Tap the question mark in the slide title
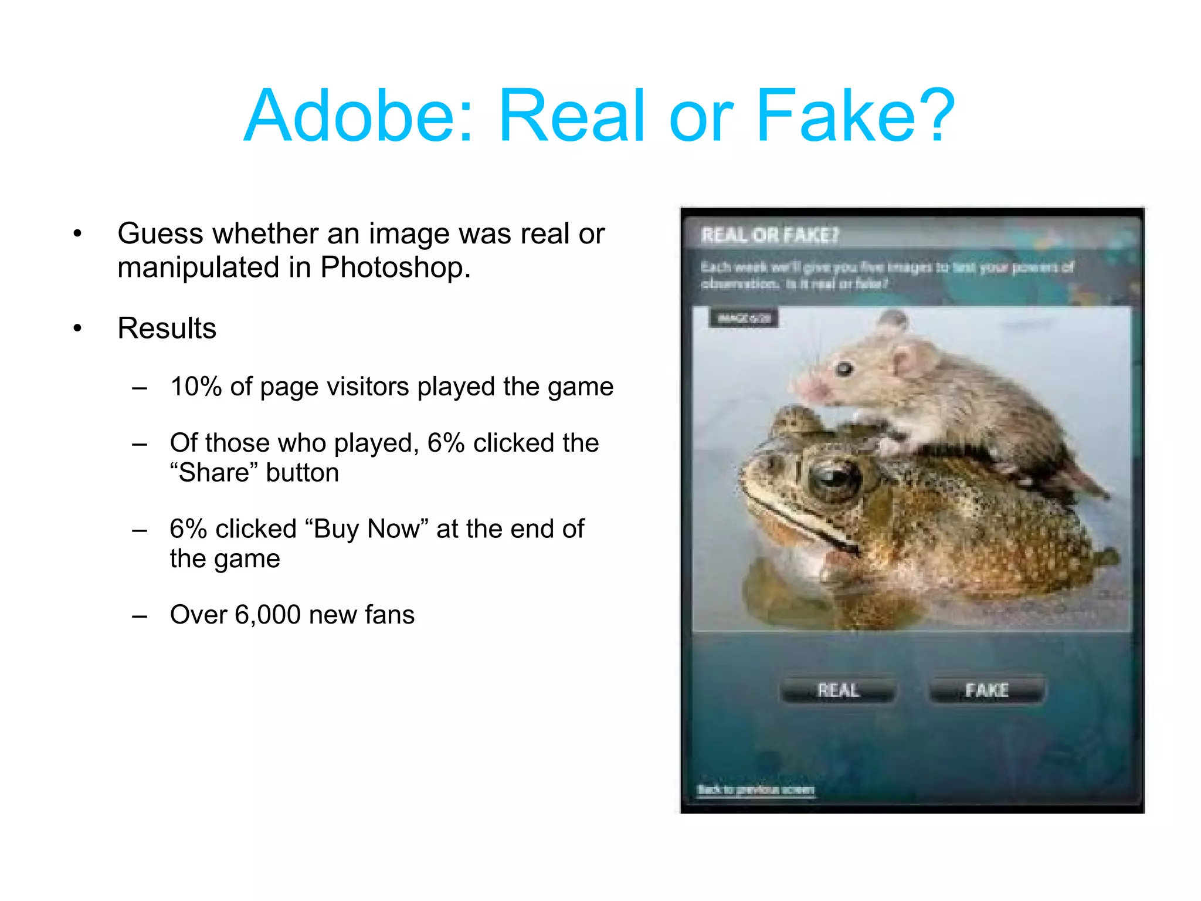(934, 116)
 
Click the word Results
(167, 328)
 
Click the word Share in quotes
(214, 473)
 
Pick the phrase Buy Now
(367, 529)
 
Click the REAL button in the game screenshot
(838, 690)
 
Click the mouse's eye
(844, 369)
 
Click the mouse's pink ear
(909, 359)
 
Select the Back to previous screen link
(755, 790)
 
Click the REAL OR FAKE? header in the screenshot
(770, 236)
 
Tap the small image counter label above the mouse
(744, 319)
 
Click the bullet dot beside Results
(77, 328)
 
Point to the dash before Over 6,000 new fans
(140, 616)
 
